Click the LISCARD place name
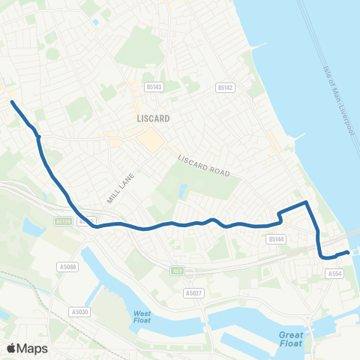(153, 118)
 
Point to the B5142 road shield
(224, 88)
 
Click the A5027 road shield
(194, 292)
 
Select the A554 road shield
(334, 274)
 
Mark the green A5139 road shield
(64, 221)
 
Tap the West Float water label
(142, 316)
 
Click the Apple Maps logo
(26, 347)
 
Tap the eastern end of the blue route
(348, 253)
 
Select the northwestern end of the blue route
(12, 101)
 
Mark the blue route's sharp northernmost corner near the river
(306, 202)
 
